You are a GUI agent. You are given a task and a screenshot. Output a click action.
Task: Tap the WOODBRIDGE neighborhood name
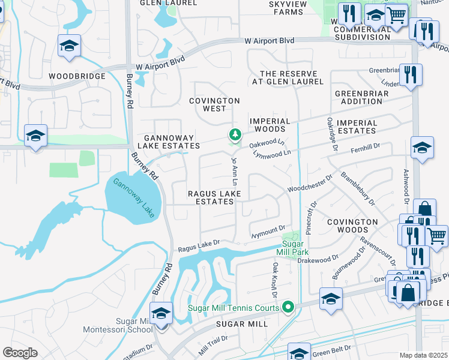[x=77, y=76]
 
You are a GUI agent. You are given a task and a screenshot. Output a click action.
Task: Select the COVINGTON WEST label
[x=214, y=104]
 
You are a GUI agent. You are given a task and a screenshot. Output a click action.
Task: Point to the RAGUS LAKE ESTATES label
[x=214, y=197]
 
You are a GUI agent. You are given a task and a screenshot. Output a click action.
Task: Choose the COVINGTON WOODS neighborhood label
[x=352, y=226]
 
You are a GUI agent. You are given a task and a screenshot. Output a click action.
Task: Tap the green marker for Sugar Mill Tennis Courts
[x=288, y=308]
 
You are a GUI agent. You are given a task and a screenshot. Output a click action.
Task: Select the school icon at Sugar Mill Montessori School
[x=161, y=314]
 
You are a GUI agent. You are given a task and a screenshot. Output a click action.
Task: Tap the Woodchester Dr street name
[x=310, y=184]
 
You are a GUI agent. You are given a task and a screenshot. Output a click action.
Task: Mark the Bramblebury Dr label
[x=358, y=188]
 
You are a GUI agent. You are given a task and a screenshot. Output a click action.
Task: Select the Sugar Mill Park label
[x=300, y=248]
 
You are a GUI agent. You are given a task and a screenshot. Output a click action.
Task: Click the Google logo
[x=20, y=353]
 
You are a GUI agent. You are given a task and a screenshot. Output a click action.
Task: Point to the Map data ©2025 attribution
[x=424, y=355]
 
